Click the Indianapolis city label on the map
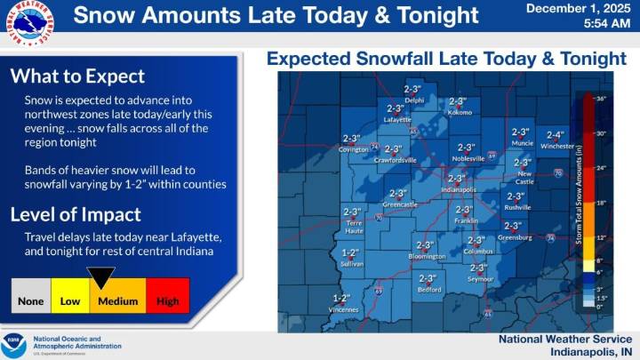click(456, 189)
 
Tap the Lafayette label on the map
click(397, 118)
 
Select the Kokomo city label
click(459, 113)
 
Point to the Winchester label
click(556, 147)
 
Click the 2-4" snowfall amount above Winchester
click(556, 135)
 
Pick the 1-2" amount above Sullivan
click(351, 252)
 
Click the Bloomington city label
click(426, 256)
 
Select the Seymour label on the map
click(480, 279)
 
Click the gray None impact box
click(31, 300)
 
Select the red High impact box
click(166, 300)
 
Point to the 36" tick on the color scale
click(600, 99)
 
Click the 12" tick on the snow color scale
click(600, 237)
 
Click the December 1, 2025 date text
click(577, 8)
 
